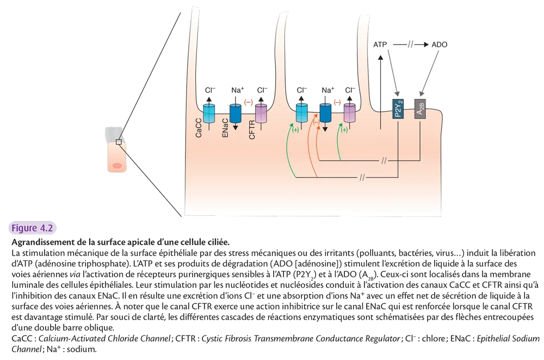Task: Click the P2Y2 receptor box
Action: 399,110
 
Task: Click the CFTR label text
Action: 252,131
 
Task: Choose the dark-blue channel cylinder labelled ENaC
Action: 235,113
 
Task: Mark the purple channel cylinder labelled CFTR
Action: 261,113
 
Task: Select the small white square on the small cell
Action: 118,142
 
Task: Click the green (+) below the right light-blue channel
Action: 295,130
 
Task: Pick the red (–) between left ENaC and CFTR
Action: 248,102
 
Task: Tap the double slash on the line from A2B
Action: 384,160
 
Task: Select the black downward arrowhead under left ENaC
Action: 235,127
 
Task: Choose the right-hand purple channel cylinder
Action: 349,113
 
